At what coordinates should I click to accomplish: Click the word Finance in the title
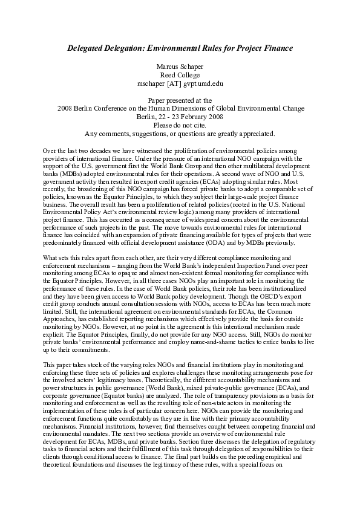[x=276, y=47]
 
